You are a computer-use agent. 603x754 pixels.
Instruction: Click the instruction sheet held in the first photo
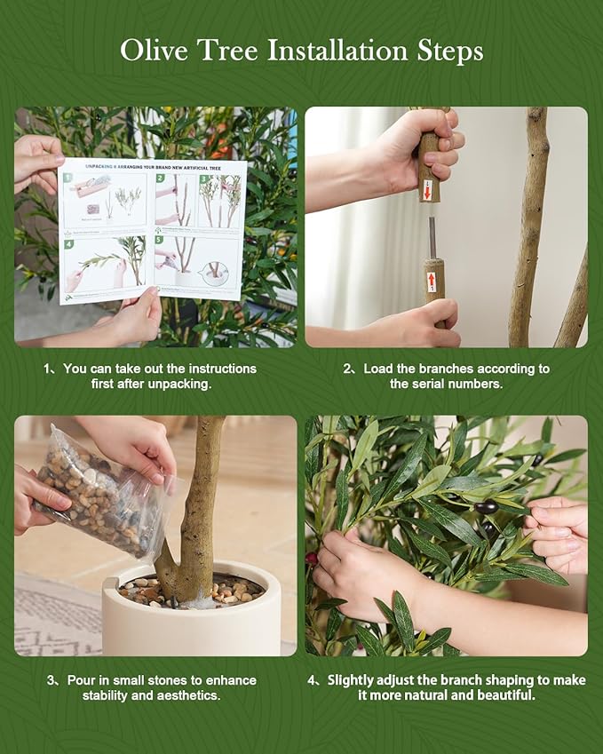coord(153,228)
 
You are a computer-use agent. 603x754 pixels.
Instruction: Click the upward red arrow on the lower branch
coord(432,282)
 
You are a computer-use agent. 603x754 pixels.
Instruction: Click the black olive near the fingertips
coord(486,507)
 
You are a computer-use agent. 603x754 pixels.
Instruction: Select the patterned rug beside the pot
coord(53,613)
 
